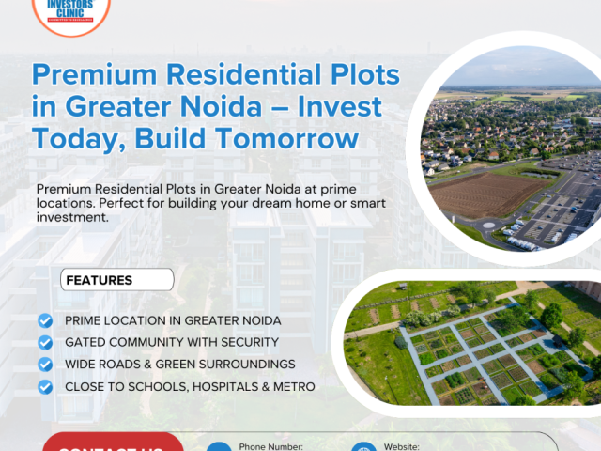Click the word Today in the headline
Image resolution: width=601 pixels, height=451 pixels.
point(74,138)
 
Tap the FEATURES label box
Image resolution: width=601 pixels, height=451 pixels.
point(117,280)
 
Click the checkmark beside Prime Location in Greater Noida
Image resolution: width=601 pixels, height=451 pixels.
point(45,320)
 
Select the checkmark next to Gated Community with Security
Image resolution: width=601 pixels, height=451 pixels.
point(45,342)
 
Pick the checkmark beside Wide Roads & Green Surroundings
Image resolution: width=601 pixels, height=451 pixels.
point(45,364)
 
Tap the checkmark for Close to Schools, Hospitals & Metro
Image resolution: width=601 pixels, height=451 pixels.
point(45,386)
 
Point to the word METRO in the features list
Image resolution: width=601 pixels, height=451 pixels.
point(294,386)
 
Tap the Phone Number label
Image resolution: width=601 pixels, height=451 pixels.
point(271,446)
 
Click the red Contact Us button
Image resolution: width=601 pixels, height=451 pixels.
point(113,443)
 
